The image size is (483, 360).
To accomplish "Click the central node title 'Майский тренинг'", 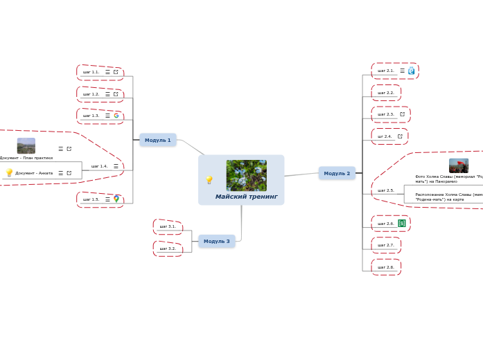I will pos(246,197).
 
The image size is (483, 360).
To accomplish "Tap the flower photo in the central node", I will pos(246,175).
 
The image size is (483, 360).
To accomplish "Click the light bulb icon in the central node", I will pos(209,180).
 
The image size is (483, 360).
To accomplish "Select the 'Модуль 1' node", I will pos(158,140).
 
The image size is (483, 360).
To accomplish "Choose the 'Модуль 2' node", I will pos(337,173).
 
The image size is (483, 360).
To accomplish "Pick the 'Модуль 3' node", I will pos(217,241).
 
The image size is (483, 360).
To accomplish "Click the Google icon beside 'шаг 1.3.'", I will pos(116,116).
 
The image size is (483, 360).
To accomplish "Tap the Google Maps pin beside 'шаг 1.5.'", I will pos(116,199).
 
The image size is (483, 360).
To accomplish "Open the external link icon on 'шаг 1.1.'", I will pos(116,72).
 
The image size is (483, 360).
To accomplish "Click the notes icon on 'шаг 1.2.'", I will pos(107,94).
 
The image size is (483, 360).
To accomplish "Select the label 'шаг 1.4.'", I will pos(99,166).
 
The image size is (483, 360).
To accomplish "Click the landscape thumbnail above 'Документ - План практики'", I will pos(26,145).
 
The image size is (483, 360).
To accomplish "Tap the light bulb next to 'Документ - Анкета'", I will pos(9,172).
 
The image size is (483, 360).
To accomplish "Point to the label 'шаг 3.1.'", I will pos(168,226).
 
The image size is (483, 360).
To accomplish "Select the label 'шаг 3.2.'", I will pos(168,249).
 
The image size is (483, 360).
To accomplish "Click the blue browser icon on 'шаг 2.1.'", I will pos(411,71).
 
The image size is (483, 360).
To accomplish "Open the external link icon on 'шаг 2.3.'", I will pos(402,114).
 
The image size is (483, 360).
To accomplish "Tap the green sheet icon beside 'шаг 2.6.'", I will pos(402,224).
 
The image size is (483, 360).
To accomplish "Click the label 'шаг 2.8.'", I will pos(386,267).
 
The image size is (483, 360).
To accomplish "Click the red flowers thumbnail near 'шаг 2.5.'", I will pos(458,165).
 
